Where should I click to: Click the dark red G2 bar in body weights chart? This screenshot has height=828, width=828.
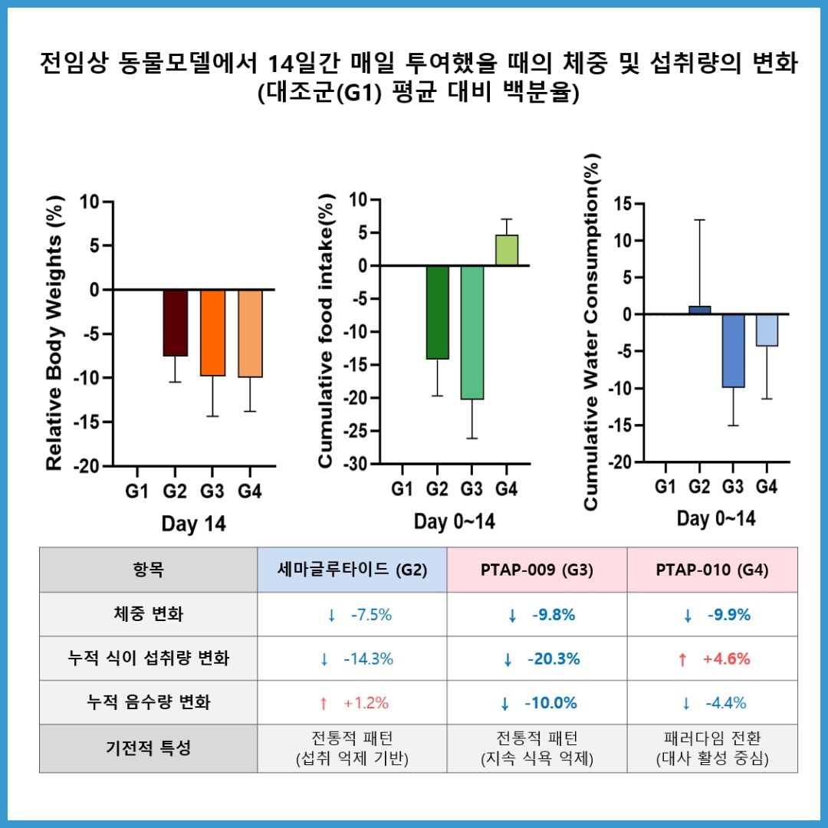175,323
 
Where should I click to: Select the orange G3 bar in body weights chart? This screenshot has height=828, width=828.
212,332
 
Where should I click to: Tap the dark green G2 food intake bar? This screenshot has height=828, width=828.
437,312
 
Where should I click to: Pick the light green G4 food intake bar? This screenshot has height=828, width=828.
506,251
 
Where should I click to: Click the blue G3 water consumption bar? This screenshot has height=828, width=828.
733,350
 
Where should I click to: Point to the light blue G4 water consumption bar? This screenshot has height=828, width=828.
767,330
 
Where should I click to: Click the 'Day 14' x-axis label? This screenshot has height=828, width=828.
193,524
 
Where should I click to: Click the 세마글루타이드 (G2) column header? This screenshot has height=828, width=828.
352,570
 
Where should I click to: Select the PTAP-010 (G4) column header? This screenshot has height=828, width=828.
712,570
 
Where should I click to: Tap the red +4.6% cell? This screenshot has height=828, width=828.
714,659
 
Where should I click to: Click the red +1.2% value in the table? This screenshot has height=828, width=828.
353,702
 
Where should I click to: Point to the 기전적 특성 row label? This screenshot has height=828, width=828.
148,748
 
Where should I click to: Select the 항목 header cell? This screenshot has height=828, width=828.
148,570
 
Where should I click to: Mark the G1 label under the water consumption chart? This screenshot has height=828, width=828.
665,486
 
